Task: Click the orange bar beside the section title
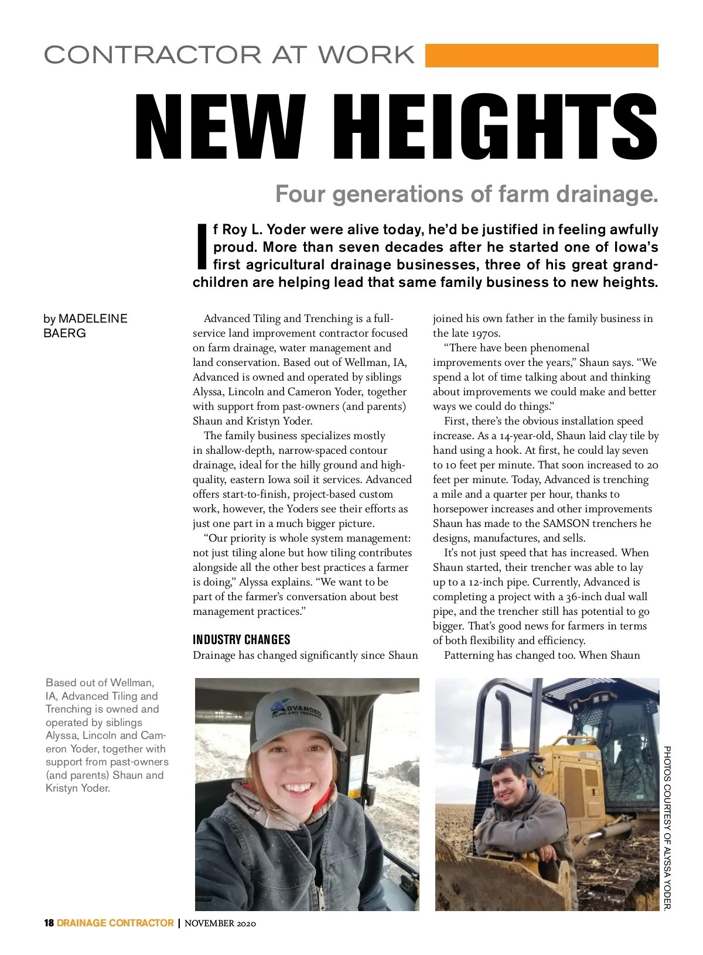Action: click(541, 56)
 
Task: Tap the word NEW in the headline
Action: click(220, 126)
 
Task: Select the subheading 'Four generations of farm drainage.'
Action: click(466, 194)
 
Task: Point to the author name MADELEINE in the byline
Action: click(93, 319)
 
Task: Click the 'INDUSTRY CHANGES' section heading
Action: click(241, 639)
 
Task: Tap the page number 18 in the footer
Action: click(49, 923)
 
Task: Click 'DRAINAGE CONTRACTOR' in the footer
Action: click(115, 923)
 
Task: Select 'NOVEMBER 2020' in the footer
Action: click(220, 923)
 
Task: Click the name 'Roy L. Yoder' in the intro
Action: click(262, 230)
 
